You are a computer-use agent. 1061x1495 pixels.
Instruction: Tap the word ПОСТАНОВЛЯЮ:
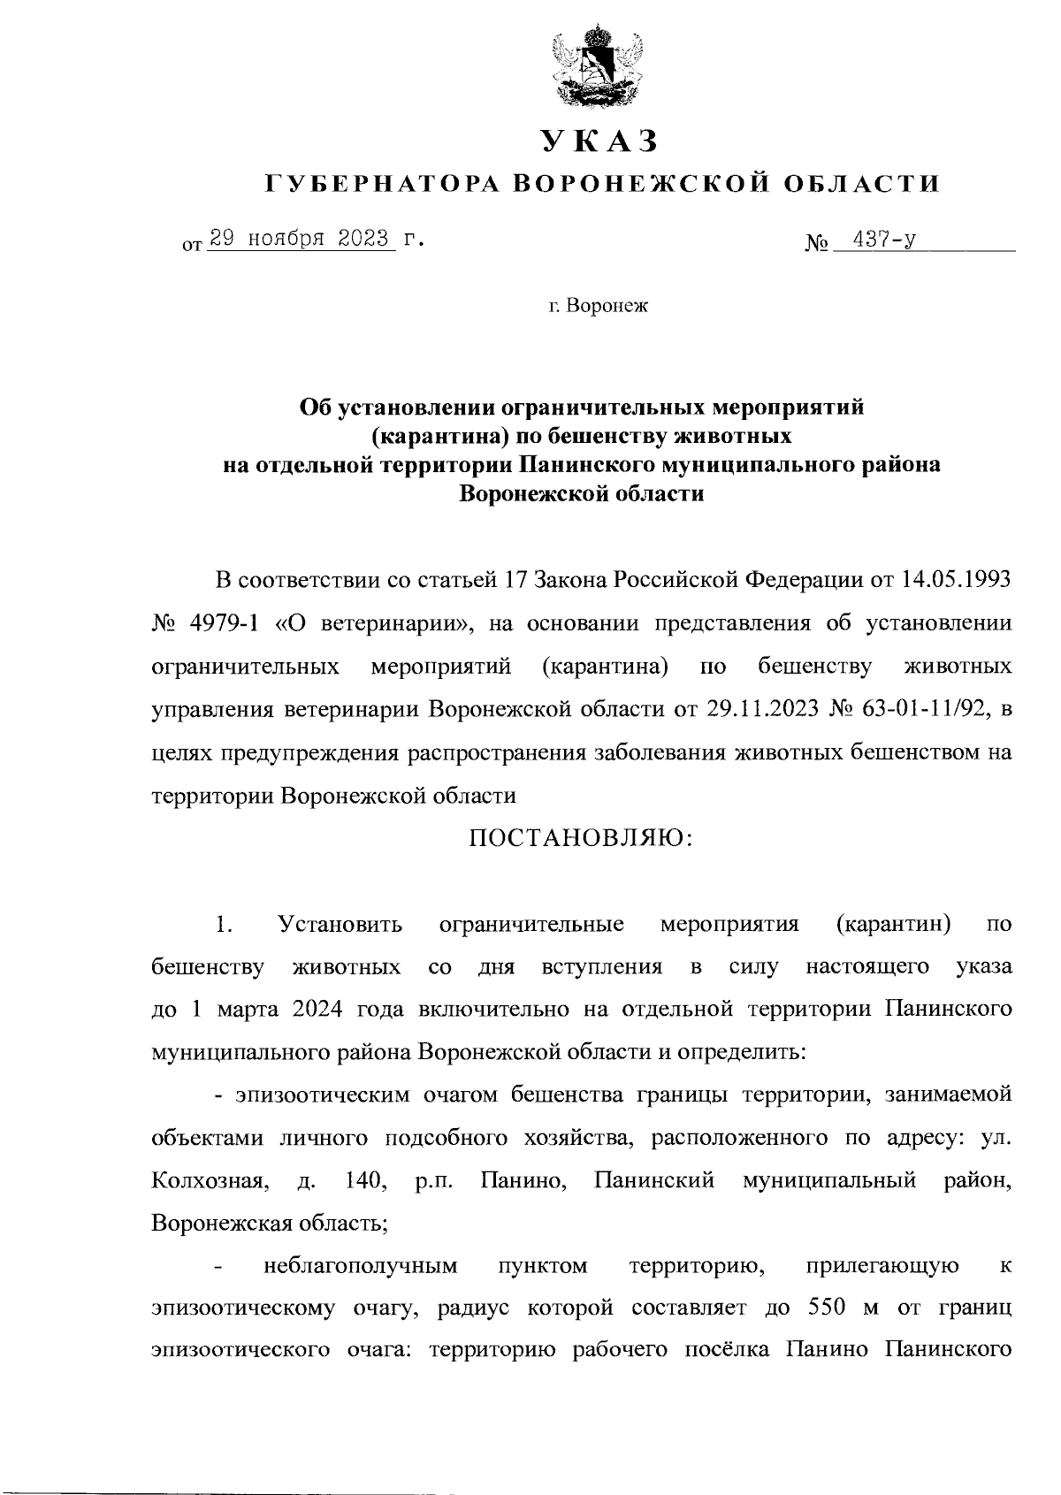coord(581,837)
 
